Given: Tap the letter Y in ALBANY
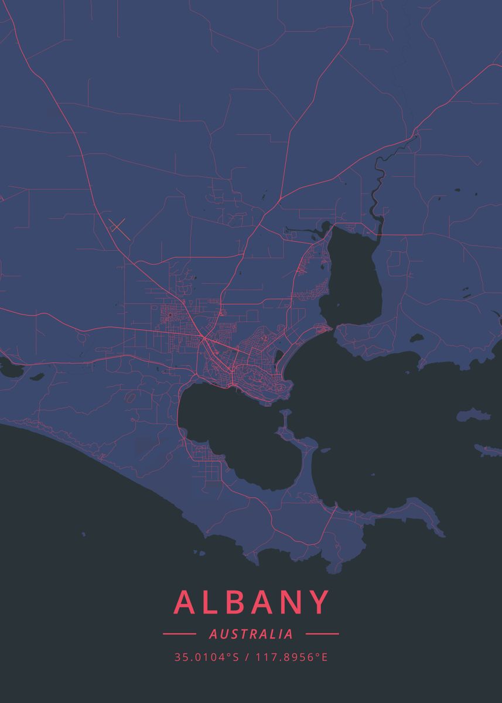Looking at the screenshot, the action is click(316, 603).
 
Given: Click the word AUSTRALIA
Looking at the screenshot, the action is click(251, 634).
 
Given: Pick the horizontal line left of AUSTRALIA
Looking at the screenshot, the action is click(179, 634).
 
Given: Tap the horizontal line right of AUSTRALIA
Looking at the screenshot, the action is click(322, 634).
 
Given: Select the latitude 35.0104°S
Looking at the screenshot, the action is click(207, 657).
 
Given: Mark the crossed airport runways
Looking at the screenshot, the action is click(117, 225).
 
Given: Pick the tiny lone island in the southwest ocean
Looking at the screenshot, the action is click(83, 534).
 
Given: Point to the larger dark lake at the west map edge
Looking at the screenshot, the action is click(8, 368).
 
